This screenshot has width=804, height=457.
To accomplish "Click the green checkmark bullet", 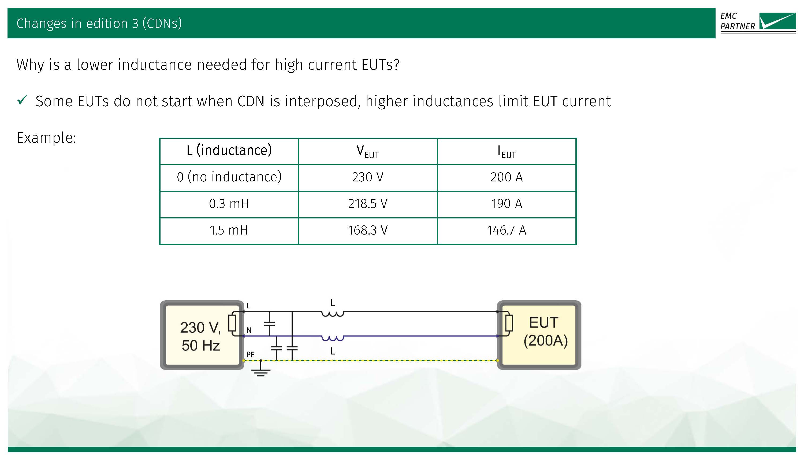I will [x=23, y=100].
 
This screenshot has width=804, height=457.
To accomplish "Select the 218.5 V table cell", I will [x=367, y=204].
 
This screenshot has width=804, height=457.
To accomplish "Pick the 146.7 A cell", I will [x=506, y=231].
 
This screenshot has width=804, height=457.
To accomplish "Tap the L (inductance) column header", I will [x=229, y=151].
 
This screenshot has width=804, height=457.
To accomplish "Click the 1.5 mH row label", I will [x=229, y=231].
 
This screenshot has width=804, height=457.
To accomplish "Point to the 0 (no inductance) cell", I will [x=229, y=177].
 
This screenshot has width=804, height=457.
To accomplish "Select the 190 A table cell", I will [x=506, y=204].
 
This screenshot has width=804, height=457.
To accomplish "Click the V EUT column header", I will [x=367, y=151].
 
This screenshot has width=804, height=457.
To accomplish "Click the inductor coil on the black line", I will [x=333, y=313].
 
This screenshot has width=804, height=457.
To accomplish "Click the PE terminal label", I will [x=250, y=354].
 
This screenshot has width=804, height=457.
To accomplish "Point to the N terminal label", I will [x=249, y=330].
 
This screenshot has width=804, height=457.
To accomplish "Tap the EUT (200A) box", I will [x=545, y=332].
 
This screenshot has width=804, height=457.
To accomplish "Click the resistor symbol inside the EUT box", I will [x=509, y=323].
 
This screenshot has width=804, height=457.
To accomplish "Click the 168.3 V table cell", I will [x=367, y=231].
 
